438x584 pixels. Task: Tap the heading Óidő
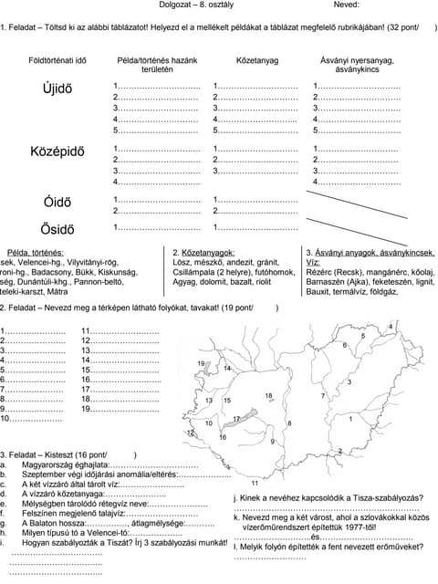coord(57,202)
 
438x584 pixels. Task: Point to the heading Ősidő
coord(57,228)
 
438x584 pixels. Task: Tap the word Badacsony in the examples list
coord(57,272)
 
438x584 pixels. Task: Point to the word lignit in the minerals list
coord(420,282)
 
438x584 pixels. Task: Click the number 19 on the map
coord(201,364)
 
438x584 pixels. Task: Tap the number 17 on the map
coord(236,418)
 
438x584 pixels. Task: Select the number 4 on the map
coord(391,327)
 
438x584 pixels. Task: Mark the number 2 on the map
coord(340,451)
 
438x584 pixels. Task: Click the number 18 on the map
coord(268,395)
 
